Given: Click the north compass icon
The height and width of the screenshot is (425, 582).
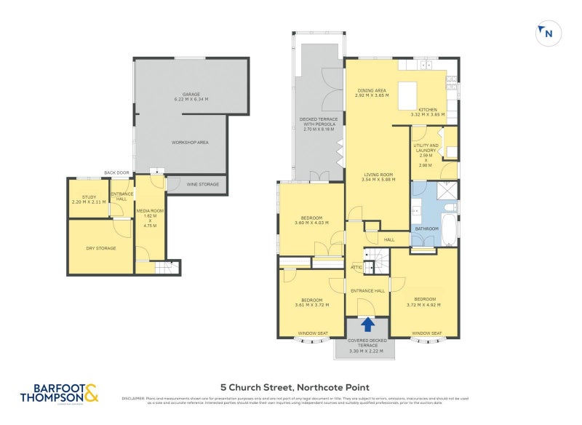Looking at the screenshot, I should pyautogui.click(x=546, y=33).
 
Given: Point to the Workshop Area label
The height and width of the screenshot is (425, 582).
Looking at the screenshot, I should pyautogui.click(x=190, y=142).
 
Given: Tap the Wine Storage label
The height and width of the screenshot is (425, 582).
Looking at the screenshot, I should pyautogui.click(x=203, y=185).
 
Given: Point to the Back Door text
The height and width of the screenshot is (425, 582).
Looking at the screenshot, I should pyautogui.click(x=116, y=172).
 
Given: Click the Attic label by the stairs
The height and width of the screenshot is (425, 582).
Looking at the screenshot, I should pyautogui.click(x=356, y=267).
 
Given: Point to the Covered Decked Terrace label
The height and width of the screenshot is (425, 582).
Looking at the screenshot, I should pyautogui.click(x=366, y=346).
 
